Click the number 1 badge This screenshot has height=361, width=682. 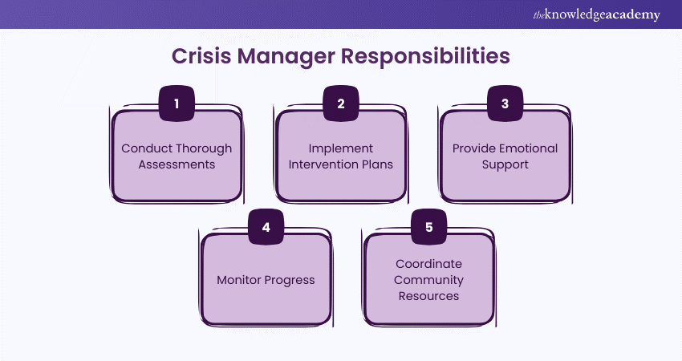tap(176, 103)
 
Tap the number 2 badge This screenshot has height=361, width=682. tap(340, 103)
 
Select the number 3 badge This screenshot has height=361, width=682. tap(505, 103)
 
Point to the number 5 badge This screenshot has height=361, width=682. tap(428, 227)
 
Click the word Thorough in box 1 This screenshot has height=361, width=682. tap(204, 148)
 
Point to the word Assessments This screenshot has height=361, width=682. tap(177, 164)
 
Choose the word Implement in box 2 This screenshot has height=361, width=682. tap(340, 148)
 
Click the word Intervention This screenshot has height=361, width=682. tap(326, 164)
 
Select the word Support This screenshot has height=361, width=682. tap(505, 164)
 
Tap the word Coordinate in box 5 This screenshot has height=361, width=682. tap(428, 264)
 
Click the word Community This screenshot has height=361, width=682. tap(428, 280)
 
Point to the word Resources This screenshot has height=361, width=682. tap(428, 296)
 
